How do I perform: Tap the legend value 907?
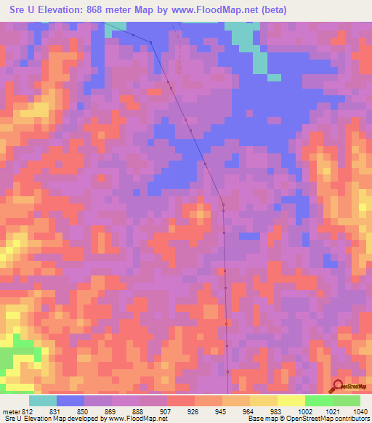[166, 411]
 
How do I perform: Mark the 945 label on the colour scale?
[222, 411]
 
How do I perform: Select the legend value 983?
[277, 411]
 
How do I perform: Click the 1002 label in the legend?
[304, 411]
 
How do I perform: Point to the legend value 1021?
[332, 411]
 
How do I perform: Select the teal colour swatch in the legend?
[43, 400]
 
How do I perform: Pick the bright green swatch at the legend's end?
[347, 400]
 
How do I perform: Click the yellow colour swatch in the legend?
[291, 400]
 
